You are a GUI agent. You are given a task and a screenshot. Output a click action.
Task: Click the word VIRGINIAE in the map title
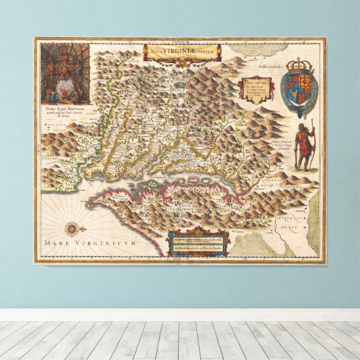point(182,49)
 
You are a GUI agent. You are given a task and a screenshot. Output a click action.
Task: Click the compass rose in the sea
point(71,229)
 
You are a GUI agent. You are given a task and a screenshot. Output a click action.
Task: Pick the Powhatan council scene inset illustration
point(65,72)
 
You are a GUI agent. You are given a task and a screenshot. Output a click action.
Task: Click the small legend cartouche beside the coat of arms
point(257,88)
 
